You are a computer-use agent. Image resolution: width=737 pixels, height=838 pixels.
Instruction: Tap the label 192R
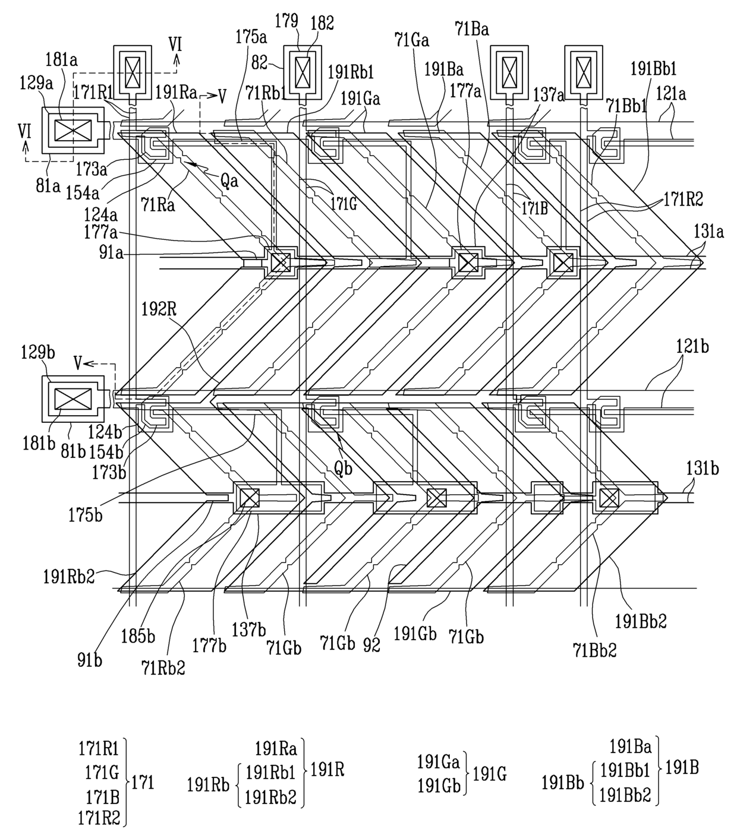pyautogui.click(x=159, y=309)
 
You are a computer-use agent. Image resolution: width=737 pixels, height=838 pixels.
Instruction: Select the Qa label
pyautogui.click(x=229, y=181)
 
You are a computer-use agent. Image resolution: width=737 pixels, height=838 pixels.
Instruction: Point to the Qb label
pyautogui.click(x=344, y=469)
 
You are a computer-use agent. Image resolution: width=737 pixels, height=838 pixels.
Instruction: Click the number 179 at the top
pyautogui.click(x=287, y=20)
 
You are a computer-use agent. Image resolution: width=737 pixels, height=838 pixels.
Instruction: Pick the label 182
pyautogui.click(x=322, y=23)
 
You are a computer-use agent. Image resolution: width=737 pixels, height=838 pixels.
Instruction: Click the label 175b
pyautogui.click(x=86, y=516)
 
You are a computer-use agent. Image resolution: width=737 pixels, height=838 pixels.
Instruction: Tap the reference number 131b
pyautogui.click(x=703, y=469)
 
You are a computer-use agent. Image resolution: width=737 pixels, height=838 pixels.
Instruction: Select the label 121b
pyautogui.click(x=692, y=346)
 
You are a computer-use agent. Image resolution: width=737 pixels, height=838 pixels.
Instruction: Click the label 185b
pyautogui.click(x=138, y=636)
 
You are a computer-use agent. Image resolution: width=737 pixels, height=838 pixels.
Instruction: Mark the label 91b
pyautogui.click(x=89, y=660)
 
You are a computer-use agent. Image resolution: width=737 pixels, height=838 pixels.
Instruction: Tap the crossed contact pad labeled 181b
pyautogui.click(x=73, y=399)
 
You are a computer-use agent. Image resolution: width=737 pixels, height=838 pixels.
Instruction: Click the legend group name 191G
pyautogui.click(x=490, y=773)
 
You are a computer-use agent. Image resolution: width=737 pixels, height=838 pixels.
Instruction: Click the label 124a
pyautogui.click(x=100, y=215)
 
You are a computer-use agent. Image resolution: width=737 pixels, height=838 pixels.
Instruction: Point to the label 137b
pyautogui.click(x=249, y=630)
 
